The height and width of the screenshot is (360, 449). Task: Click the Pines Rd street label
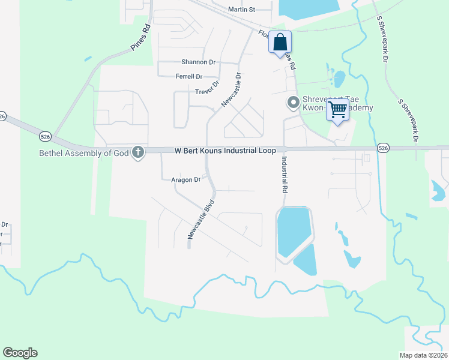140,37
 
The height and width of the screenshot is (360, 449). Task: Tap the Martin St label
242,10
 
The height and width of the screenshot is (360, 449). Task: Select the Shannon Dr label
198,62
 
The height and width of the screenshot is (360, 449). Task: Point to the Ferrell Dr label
189,76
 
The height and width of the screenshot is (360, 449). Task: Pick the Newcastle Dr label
231,90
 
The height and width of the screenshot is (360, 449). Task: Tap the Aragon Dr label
185,179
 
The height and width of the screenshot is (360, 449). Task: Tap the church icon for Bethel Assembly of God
139,152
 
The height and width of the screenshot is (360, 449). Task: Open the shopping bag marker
280,42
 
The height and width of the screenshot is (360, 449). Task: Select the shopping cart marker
338,110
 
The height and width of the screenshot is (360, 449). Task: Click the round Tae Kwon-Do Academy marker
294,103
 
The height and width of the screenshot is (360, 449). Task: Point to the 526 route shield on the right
384,147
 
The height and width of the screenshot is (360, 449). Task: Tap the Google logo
20,353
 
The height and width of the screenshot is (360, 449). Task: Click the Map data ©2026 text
423,355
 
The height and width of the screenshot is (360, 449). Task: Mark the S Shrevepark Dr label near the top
382,40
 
